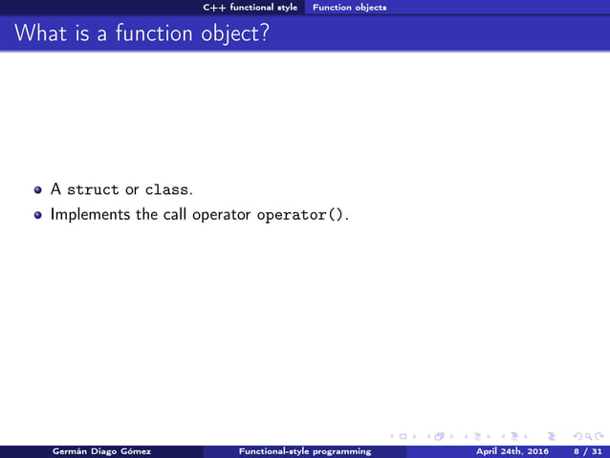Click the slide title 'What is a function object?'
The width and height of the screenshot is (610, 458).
[142, 34]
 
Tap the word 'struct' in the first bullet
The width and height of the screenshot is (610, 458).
[93, 189]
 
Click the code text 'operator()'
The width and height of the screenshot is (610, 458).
[300, 215]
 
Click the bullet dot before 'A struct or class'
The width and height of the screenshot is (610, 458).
[39, 190]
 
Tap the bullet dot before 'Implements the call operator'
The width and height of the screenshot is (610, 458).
[39, 215]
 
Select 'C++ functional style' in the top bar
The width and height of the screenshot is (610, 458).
[251, 7]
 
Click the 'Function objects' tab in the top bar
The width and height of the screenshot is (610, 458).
[350, 7]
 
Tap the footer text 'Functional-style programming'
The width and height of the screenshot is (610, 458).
[305, 450]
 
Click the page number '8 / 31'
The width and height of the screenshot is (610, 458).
[582, 450]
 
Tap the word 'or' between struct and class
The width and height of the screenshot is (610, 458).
[131, 190]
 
